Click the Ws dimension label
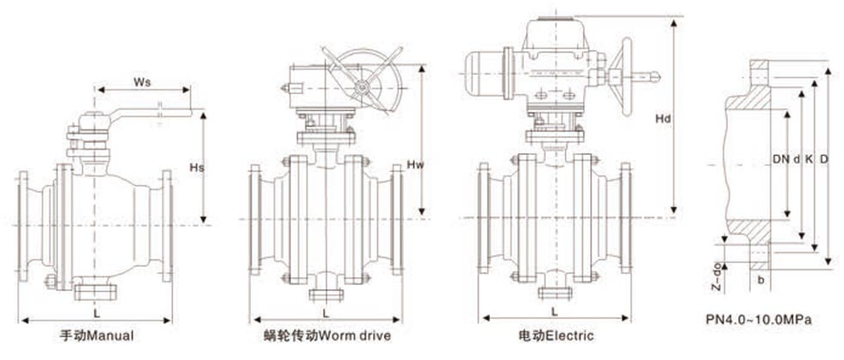coord(142,83)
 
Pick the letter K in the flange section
coord(809,159)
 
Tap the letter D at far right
coord(824,159)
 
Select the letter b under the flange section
coord(760,281)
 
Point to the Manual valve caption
coord(97,333)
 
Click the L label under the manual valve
coord(96,308)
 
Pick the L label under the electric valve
coord(551,309)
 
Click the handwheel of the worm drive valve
coord(363,86)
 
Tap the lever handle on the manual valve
coord(155,110)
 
